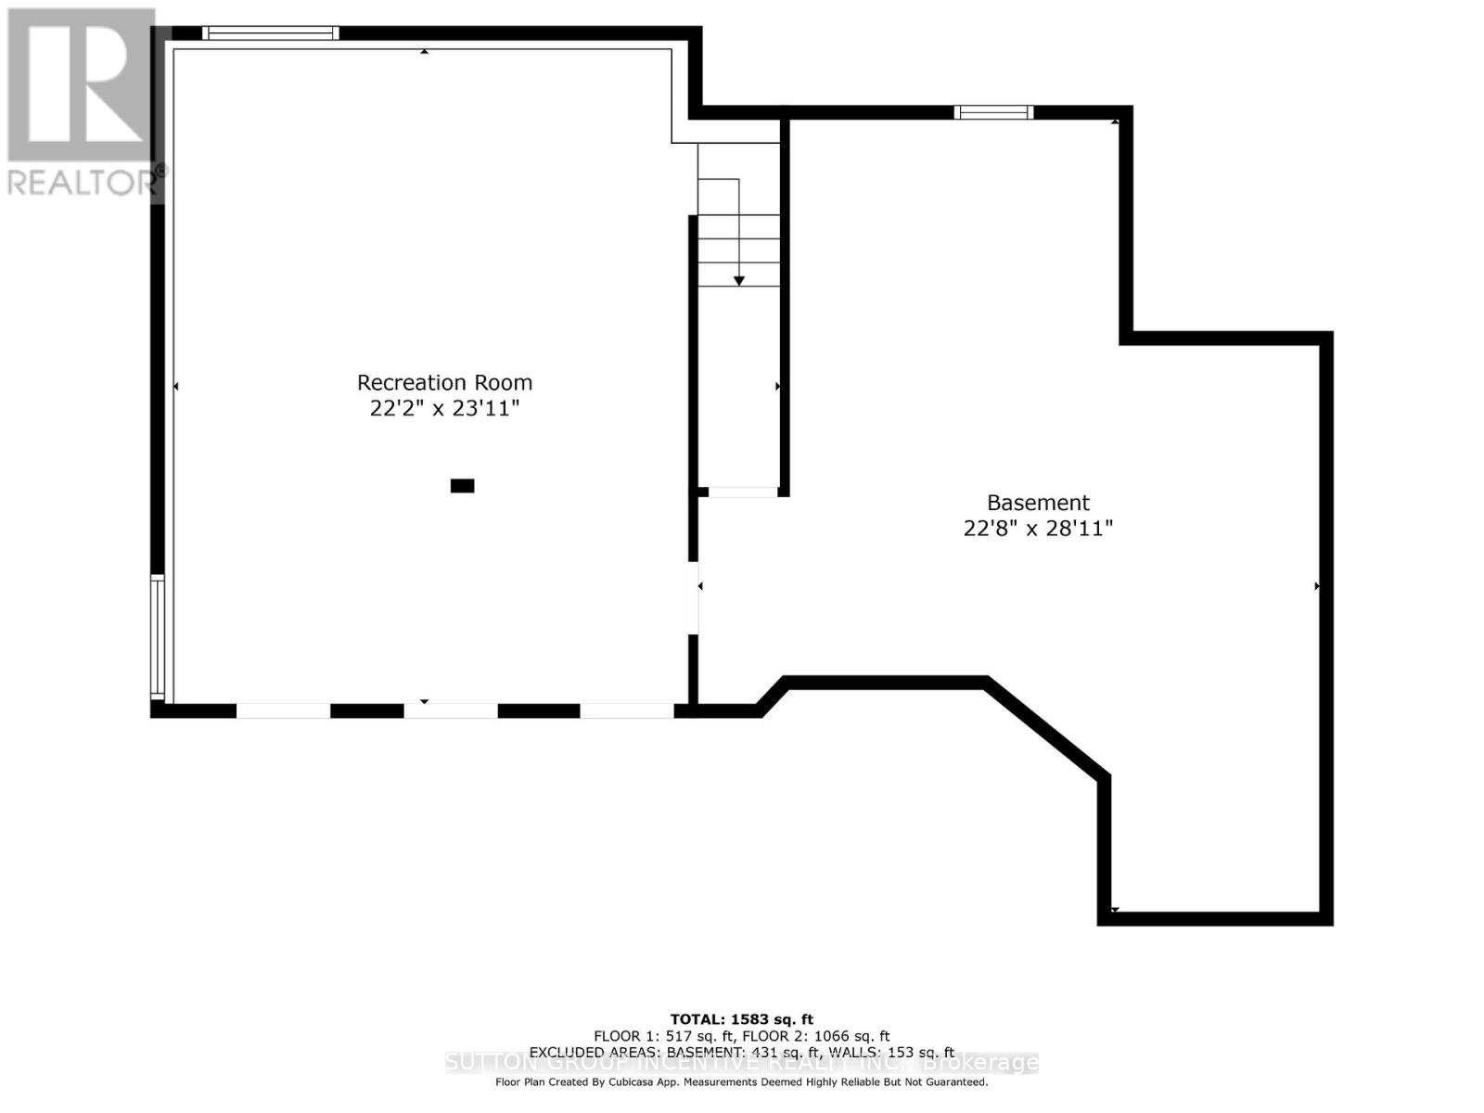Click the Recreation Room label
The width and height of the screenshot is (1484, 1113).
[x=444, y=382]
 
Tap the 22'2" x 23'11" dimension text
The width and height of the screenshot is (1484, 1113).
[x=444, y=408]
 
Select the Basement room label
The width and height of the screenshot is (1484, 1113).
[x=1038, y=503]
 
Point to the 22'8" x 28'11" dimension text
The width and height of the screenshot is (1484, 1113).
[x=1038, y=529]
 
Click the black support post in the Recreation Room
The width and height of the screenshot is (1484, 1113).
[x=462, y=485]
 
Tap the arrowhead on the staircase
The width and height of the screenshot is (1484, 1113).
[x=739, y=280]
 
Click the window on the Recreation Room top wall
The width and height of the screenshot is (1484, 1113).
[x=271, y=33]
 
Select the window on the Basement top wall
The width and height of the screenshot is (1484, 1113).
[x=993, y=112]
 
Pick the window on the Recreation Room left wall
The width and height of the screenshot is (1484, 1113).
[x=158, y=636]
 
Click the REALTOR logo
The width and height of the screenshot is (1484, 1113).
[x=82, y=102]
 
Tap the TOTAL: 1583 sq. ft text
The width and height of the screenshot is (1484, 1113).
[x=741, y=1019]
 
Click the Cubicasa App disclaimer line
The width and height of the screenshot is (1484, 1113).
[x=741, y=1081]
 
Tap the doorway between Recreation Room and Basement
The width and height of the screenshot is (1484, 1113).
[x=693, y=597]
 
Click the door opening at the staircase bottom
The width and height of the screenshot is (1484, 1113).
[x=743, y=492]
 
